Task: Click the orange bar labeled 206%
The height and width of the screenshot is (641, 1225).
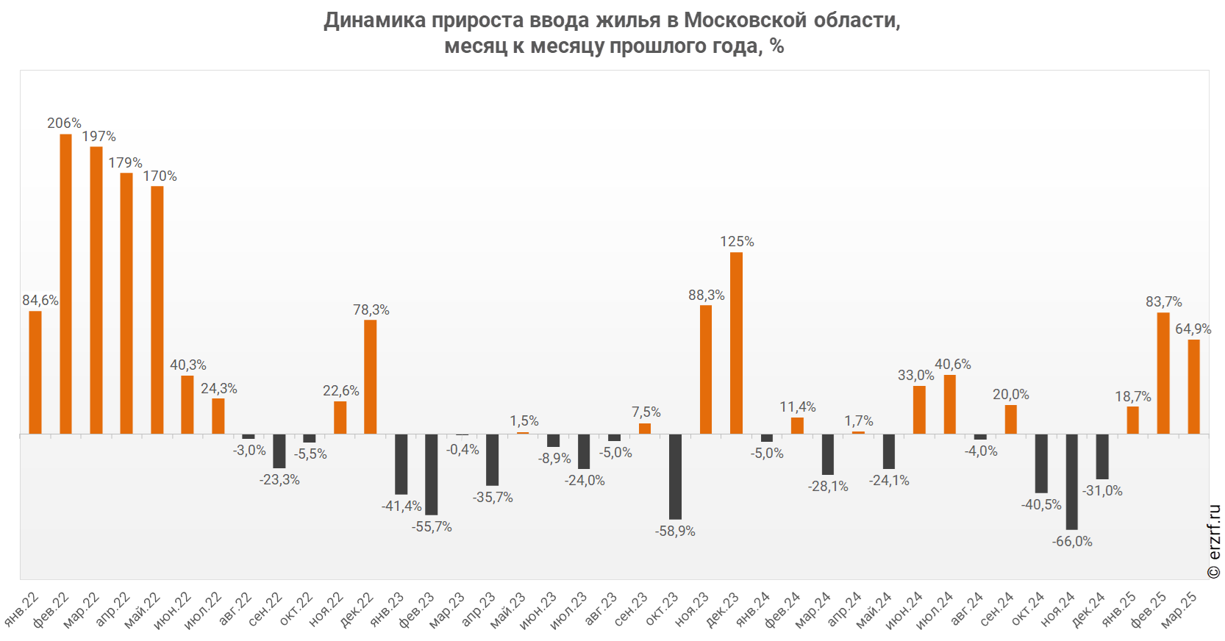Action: (66, 284)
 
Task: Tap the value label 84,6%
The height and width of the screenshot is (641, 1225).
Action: (40, 300)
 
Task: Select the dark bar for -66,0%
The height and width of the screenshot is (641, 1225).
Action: (1072, 481)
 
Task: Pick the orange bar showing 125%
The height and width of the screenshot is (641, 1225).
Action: (736, 343)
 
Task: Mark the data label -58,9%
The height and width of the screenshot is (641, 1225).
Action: (675, 531)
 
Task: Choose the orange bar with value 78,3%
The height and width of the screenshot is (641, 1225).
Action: (371, 376)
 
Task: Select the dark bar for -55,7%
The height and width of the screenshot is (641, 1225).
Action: (432, 474)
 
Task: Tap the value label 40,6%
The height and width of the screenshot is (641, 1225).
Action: (953, 364)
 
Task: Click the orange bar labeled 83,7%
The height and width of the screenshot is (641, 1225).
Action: (1163, 373)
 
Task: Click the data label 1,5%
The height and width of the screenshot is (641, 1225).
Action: (524, 420)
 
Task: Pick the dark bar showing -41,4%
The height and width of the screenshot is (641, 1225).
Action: (401, 464)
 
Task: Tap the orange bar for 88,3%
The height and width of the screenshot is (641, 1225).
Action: (706, 369)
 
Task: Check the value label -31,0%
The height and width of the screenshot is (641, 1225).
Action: (1102, 490)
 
